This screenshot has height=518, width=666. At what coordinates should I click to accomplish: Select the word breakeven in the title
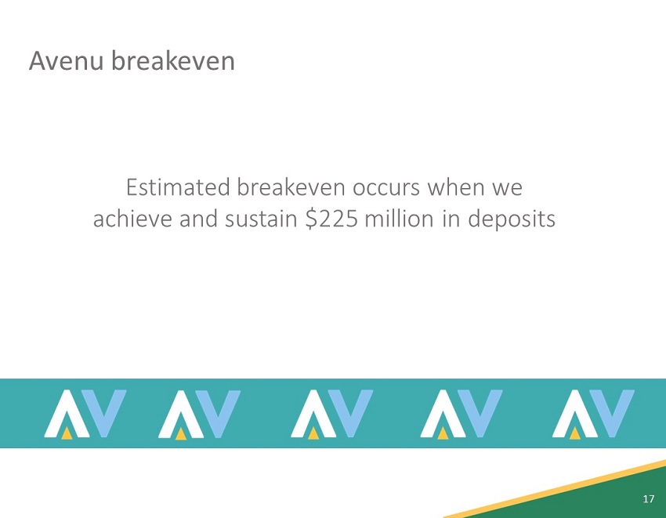[x=173, y=60]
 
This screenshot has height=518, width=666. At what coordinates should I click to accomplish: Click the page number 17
[x=647, y=499]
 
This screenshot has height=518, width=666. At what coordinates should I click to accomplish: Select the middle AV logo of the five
[x=332, y=414]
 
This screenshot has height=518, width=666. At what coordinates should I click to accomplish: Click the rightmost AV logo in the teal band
[x=593, y=414]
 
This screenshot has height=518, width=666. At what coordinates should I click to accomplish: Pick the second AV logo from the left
[x=199, y=414]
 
